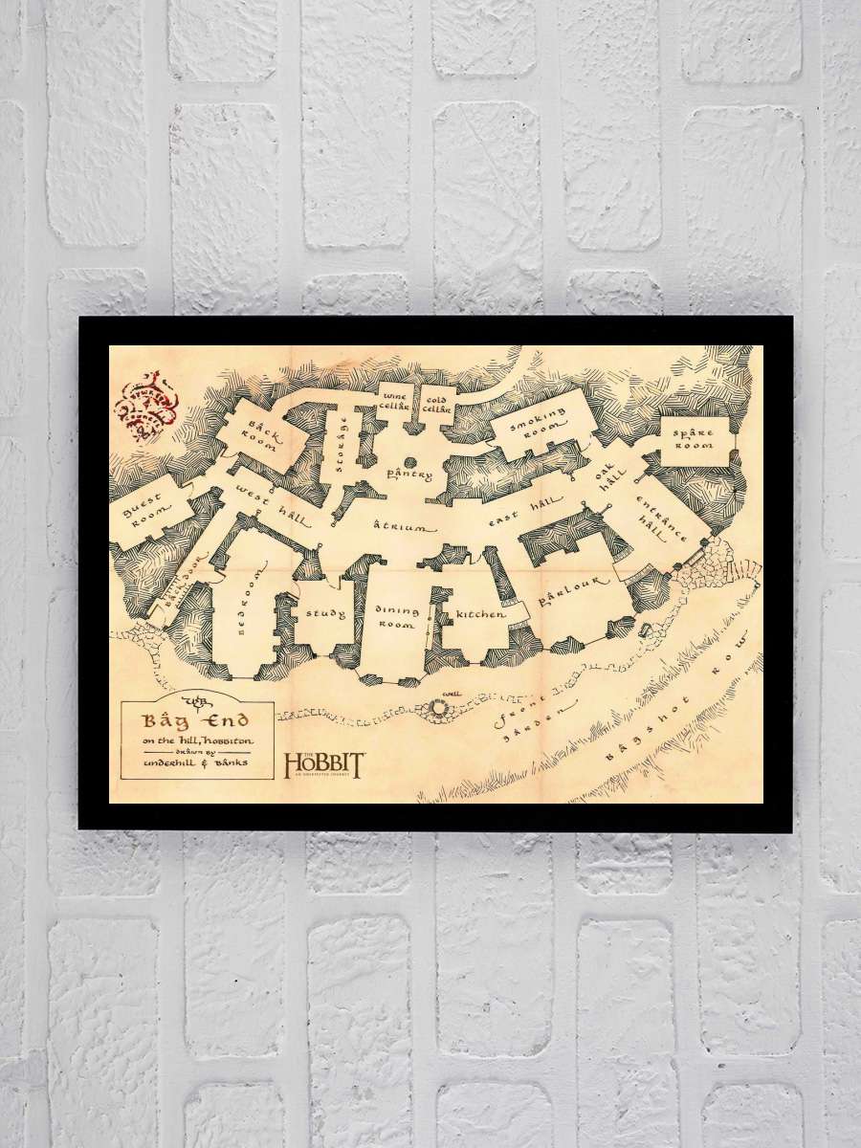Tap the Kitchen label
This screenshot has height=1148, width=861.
pos(479,615)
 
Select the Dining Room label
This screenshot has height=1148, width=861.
pos(395,617)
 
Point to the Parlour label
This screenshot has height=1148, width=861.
pos(574,591)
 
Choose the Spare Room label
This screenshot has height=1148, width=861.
pos(694,439)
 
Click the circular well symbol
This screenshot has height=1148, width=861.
pos(441,708)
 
